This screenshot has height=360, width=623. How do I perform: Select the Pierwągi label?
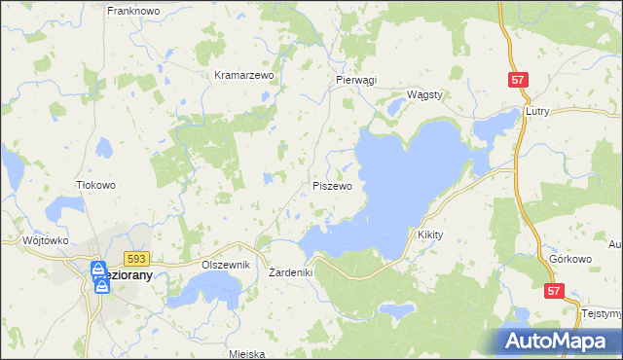coord(355,81)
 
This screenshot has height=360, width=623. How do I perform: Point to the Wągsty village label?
coord(424,94)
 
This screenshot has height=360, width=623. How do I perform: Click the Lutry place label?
coord(537,111)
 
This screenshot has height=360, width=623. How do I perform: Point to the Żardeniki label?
coord(290,272)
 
